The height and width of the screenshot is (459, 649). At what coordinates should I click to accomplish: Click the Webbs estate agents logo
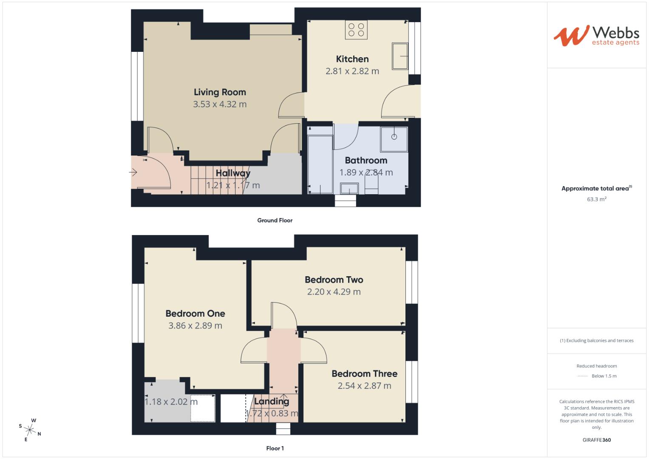[596, 36]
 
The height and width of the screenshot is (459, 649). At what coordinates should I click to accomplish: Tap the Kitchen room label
[352, 59]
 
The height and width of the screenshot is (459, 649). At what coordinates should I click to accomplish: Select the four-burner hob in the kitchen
[356, 30]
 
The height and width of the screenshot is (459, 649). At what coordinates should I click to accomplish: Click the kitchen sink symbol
[400, 56]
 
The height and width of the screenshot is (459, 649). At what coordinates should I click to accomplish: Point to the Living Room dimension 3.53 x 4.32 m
[220, 104]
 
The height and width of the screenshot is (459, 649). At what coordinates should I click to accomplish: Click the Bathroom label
[366, 160]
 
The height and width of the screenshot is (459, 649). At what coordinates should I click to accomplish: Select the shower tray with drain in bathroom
[394, 139]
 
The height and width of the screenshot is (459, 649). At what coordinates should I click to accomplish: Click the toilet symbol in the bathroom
[371, 186]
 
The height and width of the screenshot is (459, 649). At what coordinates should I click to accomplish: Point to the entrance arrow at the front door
[133, 172]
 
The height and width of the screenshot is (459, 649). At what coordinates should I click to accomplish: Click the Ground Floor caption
[275, 220]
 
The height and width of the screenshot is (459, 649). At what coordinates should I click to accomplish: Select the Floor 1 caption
[275, 448]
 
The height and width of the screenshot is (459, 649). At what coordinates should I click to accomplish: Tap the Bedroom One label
[195, 314]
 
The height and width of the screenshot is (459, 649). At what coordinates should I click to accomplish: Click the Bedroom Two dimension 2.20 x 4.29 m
[334, 292]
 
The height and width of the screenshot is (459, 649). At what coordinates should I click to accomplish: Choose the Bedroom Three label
[364, 374]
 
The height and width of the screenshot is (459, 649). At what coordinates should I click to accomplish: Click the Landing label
[272, 401]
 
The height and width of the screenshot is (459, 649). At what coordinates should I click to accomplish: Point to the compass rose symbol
[30, 430]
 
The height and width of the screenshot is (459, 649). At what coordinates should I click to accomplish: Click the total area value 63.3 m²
[596, 199]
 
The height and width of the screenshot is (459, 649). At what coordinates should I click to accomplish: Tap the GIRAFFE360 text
[596, 440]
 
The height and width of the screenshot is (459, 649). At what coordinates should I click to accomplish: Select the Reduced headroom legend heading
[596, 366]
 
